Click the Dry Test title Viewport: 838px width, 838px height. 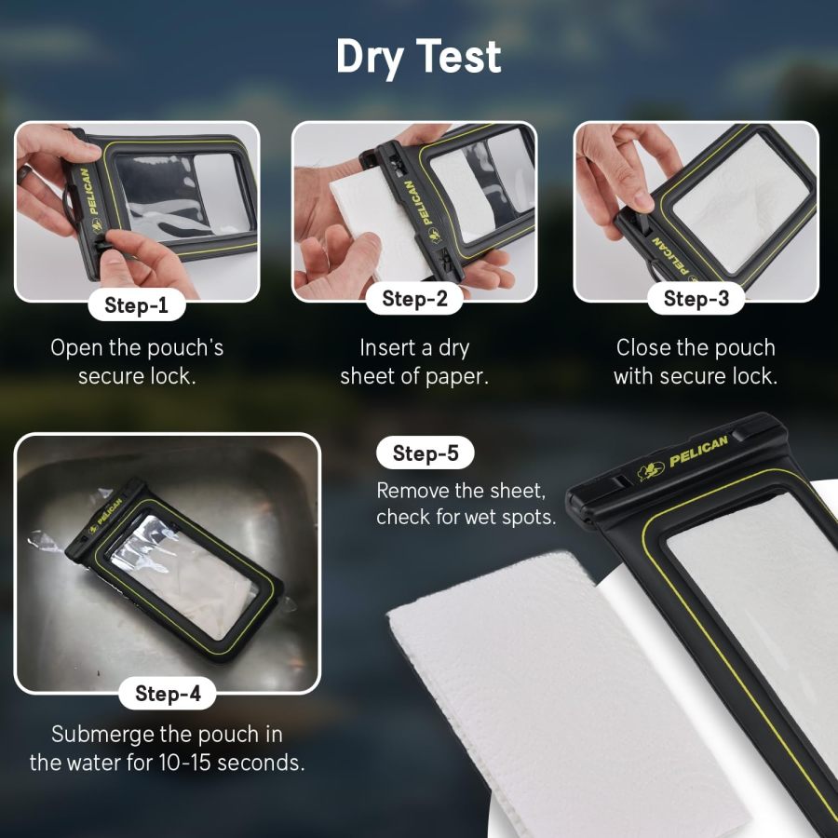point(418,58)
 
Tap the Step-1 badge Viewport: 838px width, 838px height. point(137,304)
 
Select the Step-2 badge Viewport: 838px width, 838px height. point(414,299)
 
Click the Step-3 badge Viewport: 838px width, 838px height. point(696,299)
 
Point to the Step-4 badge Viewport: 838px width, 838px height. point(168,693)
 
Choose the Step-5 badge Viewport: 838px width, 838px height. point(426,453)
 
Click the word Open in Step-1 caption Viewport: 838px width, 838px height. point(74,348)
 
